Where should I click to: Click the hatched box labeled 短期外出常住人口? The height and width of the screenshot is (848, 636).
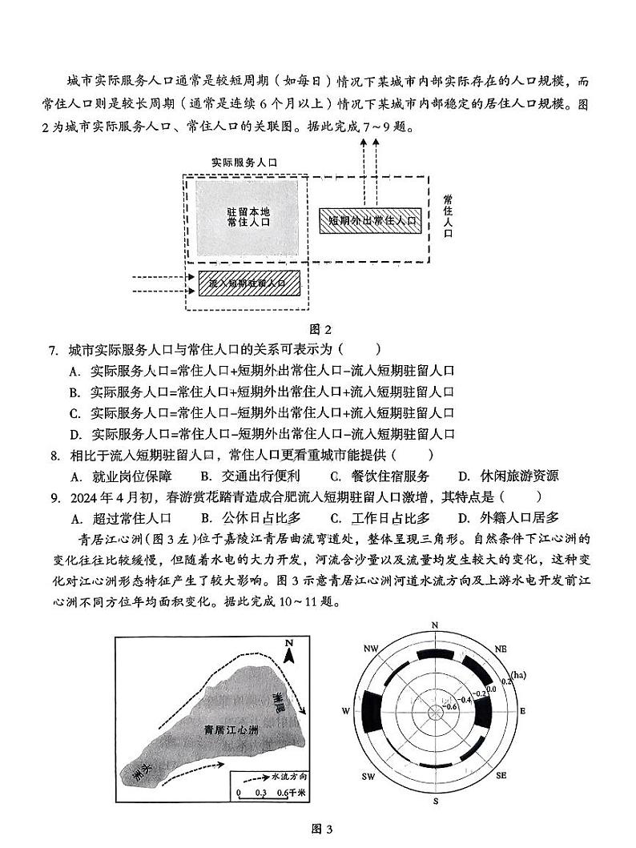click(x=369, y=220)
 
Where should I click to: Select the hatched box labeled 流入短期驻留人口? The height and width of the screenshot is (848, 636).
click(x=247, y=283)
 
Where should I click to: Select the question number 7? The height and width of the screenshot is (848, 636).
click(x=53, y=351)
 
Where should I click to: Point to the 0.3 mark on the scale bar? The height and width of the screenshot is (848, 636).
click(x=261, y=794)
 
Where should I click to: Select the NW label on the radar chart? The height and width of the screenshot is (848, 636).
click(x=370, y=648)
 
